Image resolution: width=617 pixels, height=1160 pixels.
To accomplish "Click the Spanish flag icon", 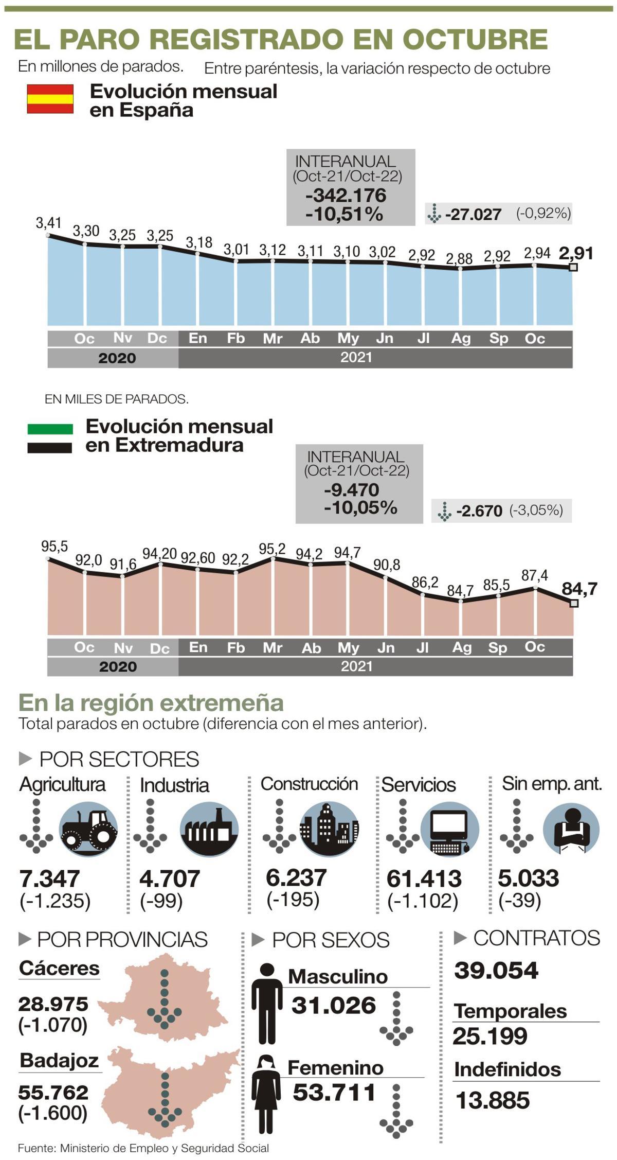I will click(x=50, y=99).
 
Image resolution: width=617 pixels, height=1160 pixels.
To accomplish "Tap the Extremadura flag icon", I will click(x=50, y=438).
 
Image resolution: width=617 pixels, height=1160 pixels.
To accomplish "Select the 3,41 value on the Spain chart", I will click(x=48, y=223).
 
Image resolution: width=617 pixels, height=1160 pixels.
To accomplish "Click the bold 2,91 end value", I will click(x=575, y=253).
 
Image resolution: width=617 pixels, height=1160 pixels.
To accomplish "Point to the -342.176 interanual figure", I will click(x=346, y=196).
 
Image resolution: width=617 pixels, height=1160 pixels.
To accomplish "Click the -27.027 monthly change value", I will click(x=473, y=214).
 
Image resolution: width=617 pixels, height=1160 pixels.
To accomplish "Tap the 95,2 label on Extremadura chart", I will click(x=272, y=549).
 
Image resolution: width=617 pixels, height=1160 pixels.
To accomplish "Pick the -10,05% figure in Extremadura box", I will click(x=360, y=508).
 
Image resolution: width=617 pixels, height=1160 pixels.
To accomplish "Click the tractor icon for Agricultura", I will click(x=88, y=829).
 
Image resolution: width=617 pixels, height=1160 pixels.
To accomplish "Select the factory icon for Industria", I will click(x=209, y=829).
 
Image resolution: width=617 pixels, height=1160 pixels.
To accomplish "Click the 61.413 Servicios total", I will click(x=424, y=879).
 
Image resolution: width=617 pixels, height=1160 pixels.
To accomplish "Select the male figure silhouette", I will click(x=267, y=1003).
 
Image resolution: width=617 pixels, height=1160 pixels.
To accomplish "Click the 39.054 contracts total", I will click(x=496, y=971).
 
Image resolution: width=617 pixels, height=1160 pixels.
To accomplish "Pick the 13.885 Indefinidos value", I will click(x=492, y=1101).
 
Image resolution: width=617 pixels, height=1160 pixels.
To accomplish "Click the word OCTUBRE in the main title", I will click(x=475, y=39).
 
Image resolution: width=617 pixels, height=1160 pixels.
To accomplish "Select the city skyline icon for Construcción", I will click(x=329, y=829).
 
